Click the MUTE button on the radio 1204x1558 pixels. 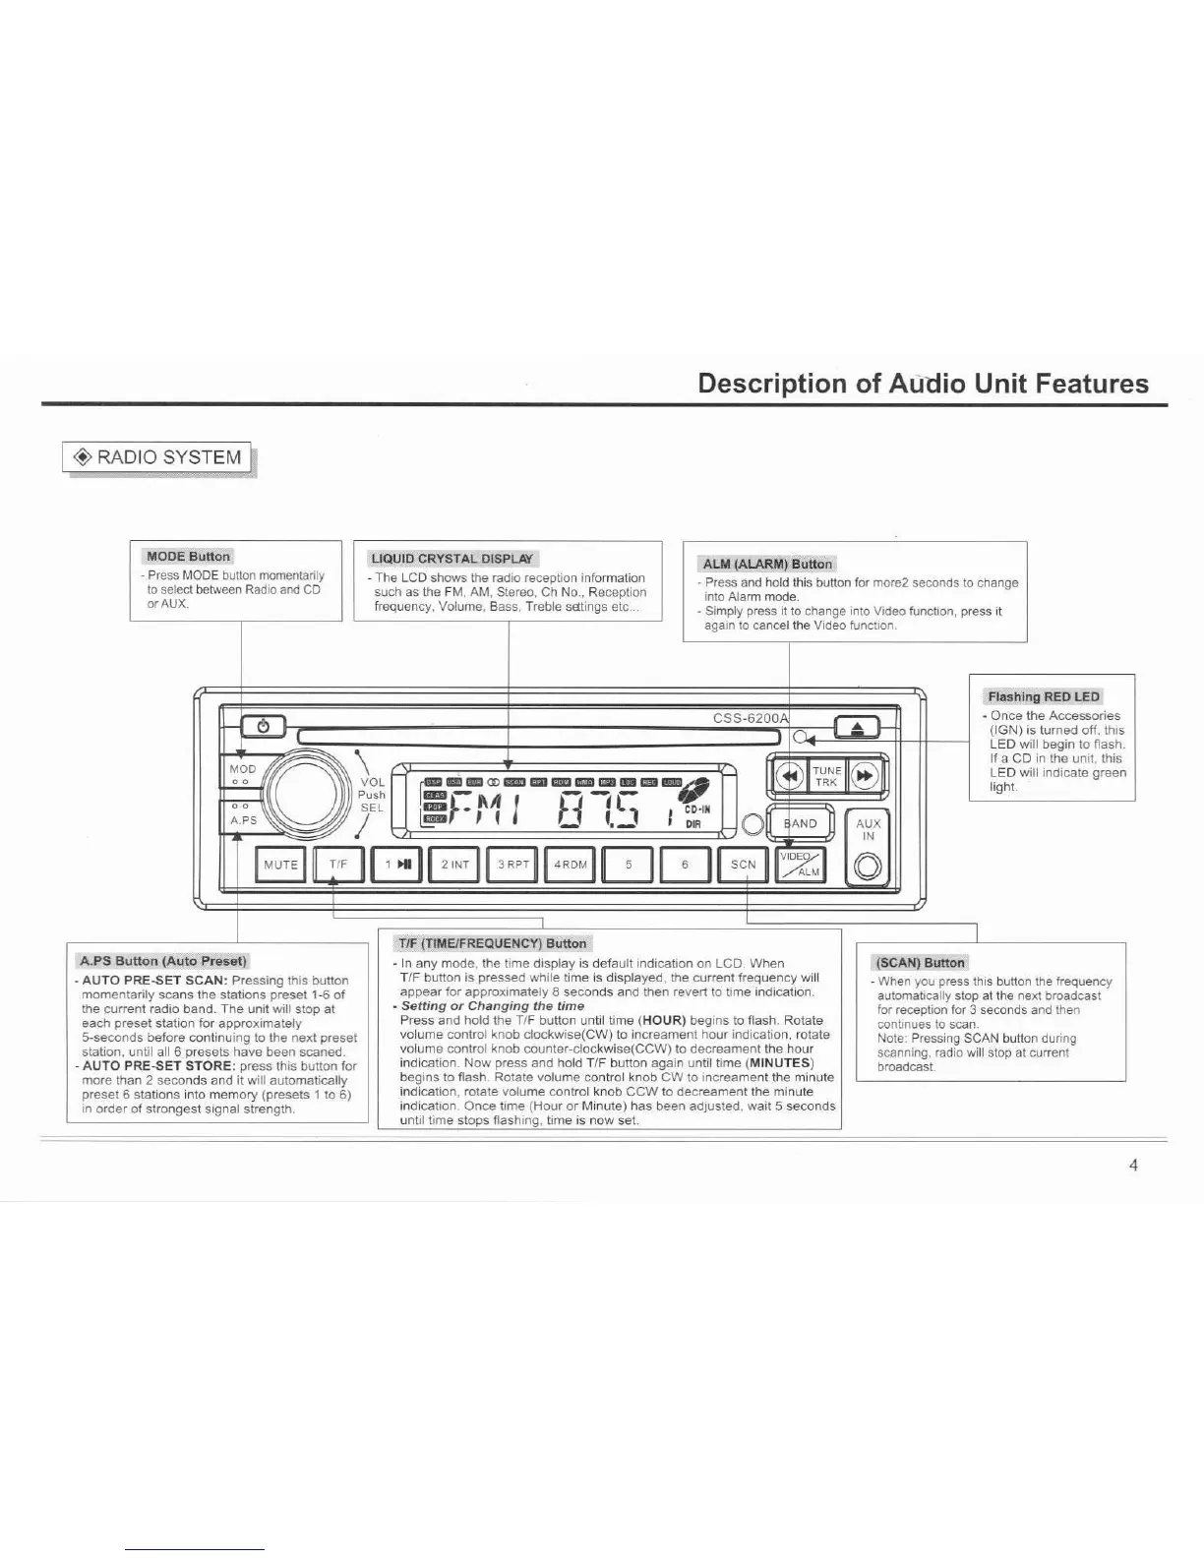click(x=280, y=865)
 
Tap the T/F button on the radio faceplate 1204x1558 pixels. click(x=338, y=865)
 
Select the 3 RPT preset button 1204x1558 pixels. click(x=512, y=865)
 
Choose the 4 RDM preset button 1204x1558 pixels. click(x=571, y=865)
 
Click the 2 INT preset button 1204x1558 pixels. click(x=454, y=865)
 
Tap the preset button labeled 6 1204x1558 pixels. click(x=685, y=865)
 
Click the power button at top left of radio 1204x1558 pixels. click(x=262, y=727)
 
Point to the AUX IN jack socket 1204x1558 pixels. click(x=869, y=869)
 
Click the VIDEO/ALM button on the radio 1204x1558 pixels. click(x=801, y=865)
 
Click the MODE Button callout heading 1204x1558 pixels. click(x=188, y=557)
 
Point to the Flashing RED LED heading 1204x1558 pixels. click(x=1044, y=696)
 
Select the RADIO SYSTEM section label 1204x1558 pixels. click(x=157, y=457)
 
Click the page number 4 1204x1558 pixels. click(x=1133, y=1166)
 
